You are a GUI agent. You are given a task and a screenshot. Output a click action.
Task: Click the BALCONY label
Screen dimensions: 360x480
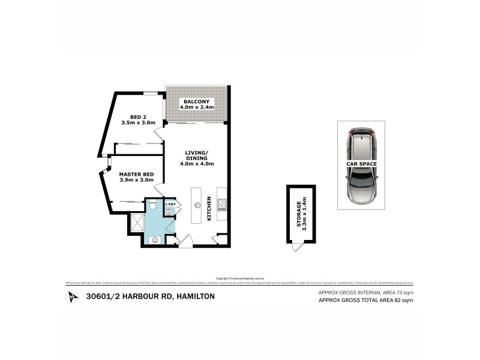pyautogui.click(x=197, y=101)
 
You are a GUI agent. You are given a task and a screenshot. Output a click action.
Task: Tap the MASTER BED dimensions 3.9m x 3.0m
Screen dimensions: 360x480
pyautogui.click(x=136, y=181)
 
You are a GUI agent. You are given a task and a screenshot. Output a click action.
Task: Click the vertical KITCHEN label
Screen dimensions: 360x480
pyautogui.click(x=209, y=208)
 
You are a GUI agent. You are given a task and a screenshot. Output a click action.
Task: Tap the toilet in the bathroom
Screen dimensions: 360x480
pyautogui.click(x=154, y=207)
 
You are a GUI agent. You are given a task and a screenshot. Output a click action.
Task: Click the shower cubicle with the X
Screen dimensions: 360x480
pyautogui.click(x=136, y=223)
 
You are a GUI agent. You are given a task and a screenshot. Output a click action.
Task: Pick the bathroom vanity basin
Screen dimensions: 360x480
pyautogui.click(x=155, y=239)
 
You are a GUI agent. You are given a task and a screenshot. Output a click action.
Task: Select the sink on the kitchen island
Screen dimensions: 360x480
pyautogui.click(x=197, y=205)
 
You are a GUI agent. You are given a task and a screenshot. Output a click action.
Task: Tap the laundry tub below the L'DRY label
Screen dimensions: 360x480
pyautogui.click(x=170, y=211)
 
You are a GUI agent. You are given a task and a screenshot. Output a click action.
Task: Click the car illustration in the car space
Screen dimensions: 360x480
pyautogui.click(x=361, y=165)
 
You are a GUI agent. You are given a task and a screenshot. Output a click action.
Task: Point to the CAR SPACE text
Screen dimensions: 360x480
pyautogui.click(x=361, y=163)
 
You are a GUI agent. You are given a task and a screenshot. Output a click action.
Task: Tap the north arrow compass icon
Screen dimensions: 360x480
pyautogui.click(x=73, y=296)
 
